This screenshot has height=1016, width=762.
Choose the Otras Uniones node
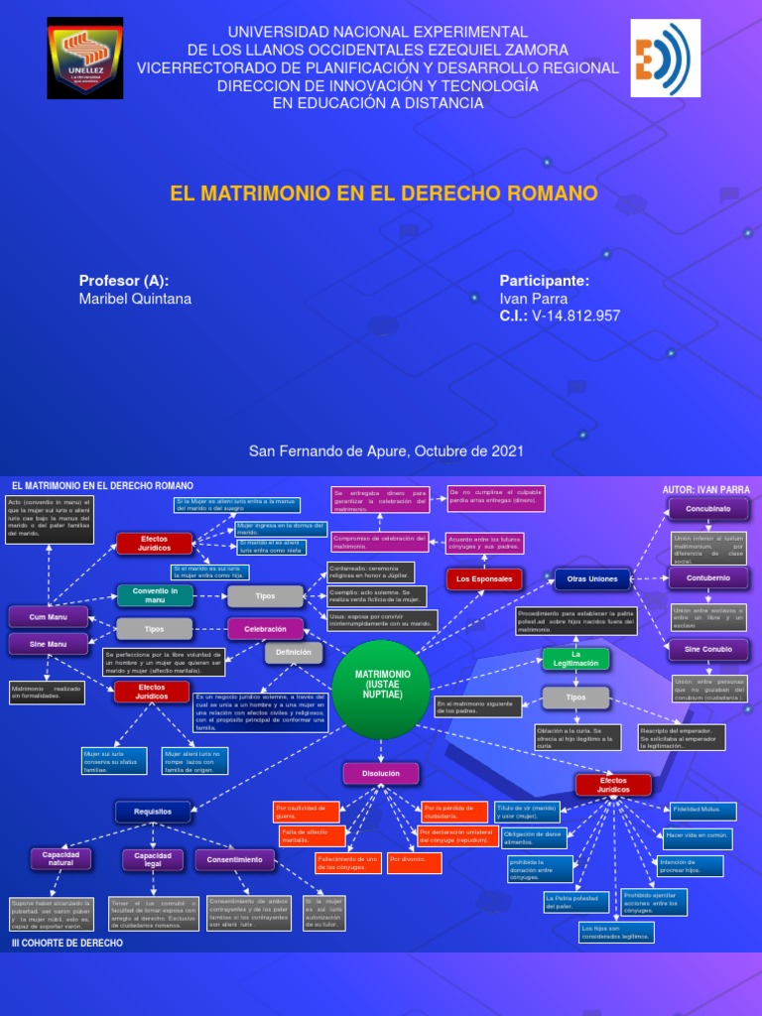(x=591, y=578)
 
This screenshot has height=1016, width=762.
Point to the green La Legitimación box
(x=574, y=659)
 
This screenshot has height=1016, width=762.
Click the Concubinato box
(x=707, y=509)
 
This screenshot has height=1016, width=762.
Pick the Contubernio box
(x=707, y=577)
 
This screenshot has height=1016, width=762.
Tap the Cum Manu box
(x=49, y=617)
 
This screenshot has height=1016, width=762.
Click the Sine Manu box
(x=49, y=645)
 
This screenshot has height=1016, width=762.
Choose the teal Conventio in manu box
(x=155, y=595)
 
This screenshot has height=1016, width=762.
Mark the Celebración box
(x=265, y=629)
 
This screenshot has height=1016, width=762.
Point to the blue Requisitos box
(x=153, y=812)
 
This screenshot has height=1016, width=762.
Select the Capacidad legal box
(x=153, y=859)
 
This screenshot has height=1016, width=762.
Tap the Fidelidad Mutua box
(x=702, y=811)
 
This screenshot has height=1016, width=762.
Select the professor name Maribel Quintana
(x=136, y=299)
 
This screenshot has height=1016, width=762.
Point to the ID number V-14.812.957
(x=576, y=316)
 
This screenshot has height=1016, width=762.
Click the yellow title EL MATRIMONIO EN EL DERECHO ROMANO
(x=384, y=192)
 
